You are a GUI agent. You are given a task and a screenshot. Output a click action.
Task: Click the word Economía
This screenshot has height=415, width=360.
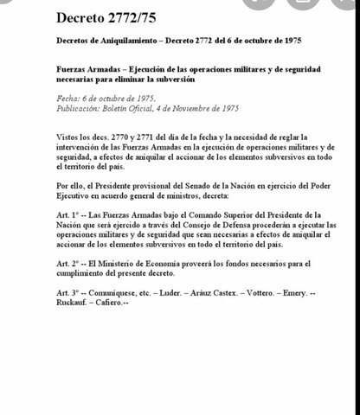point(170,263)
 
